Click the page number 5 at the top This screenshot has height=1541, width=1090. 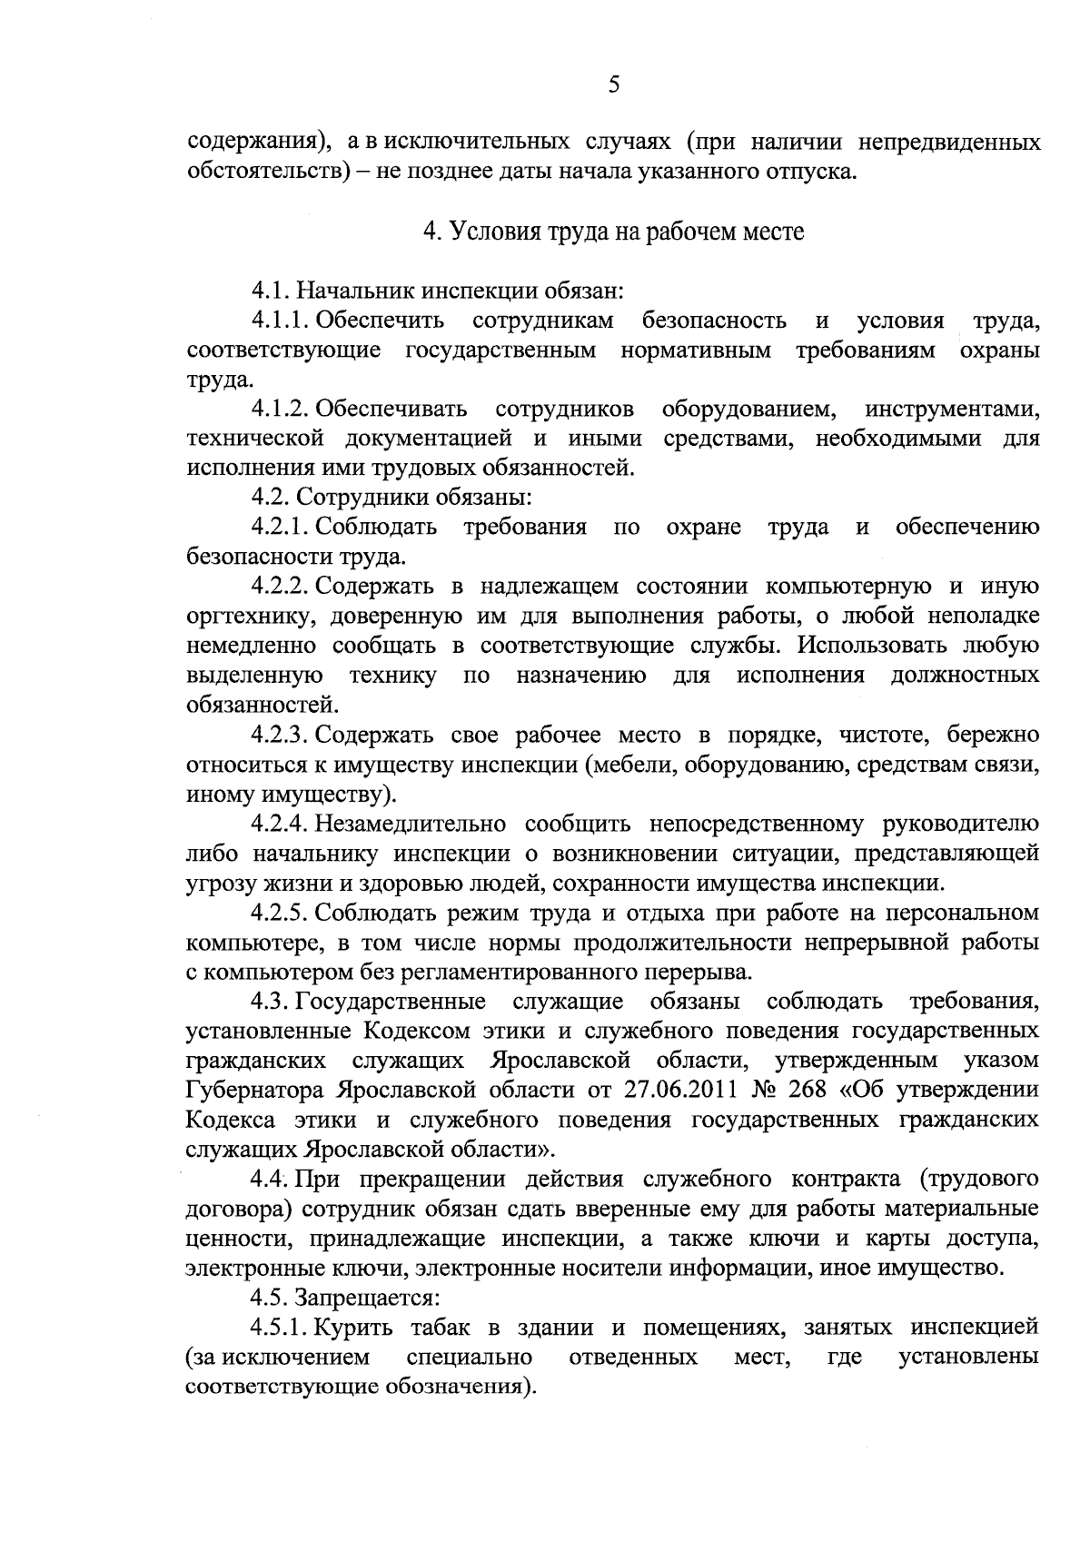(613, 85)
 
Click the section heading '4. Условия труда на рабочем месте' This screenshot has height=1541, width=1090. (613, 232)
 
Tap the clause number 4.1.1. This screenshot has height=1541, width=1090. (282, 321)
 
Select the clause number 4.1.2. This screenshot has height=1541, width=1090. (282, 410)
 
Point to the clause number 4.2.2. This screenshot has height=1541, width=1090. (282, 587)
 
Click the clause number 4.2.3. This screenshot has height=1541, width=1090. (282, 735)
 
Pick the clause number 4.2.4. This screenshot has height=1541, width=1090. (282, 824)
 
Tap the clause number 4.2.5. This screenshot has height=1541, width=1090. (282, 913)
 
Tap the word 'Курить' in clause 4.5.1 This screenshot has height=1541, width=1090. (355, 1328)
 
